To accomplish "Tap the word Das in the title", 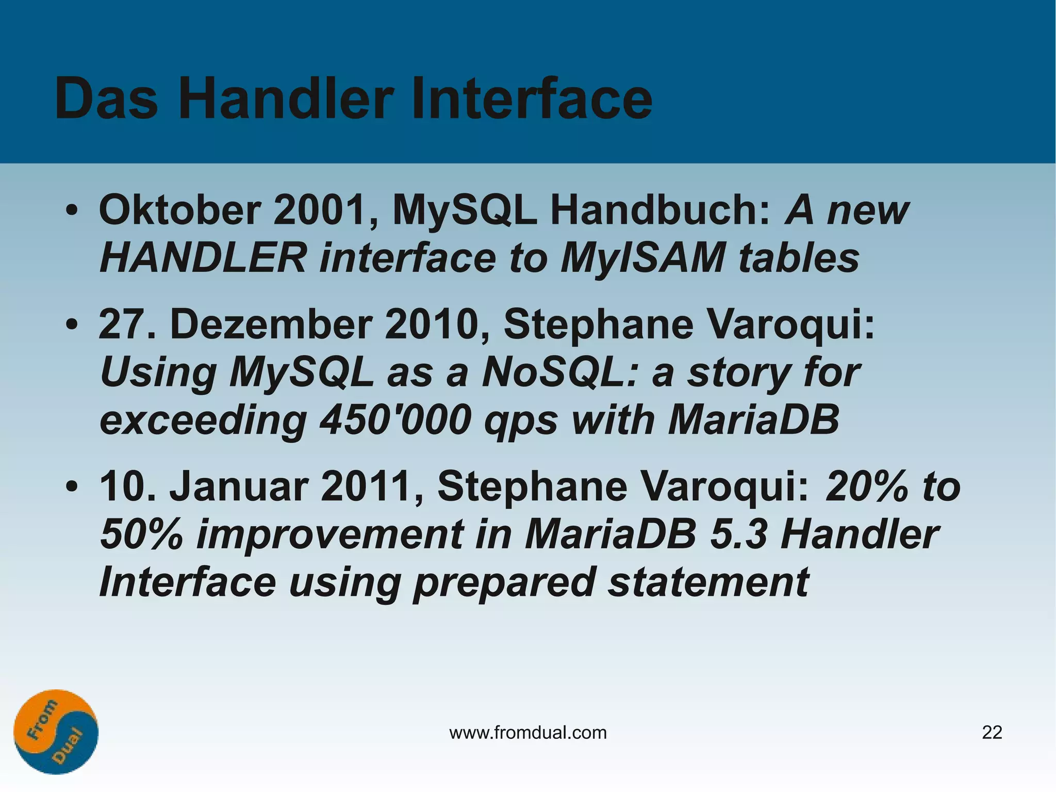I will (x=106, y=99).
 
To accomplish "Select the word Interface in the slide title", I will (x=531, y=99).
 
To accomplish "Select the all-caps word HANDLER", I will (x=203, y=258).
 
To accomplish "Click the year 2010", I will (x=437, y=325).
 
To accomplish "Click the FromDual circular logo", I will (x=56, y=732).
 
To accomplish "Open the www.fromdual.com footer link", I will (x=528, y=733).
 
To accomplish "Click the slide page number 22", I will (x=992, y=733).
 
